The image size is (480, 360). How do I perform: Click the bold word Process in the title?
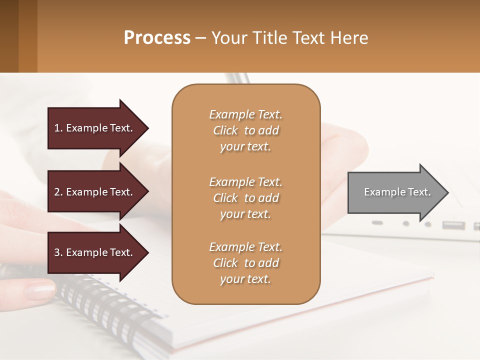pos(157,38)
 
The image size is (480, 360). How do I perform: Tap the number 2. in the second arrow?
pos(58,192)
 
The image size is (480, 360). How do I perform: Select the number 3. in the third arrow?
pos(58,252)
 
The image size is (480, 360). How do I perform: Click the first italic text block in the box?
pos(245,130)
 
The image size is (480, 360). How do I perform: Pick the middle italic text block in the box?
pos(245,197)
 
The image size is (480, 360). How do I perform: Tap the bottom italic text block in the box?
pos(245,263)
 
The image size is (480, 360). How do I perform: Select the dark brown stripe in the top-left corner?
pos(9,36)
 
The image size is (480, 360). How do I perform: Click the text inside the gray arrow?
pos(397,192)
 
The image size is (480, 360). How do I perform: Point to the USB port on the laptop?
pos(452,225)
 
